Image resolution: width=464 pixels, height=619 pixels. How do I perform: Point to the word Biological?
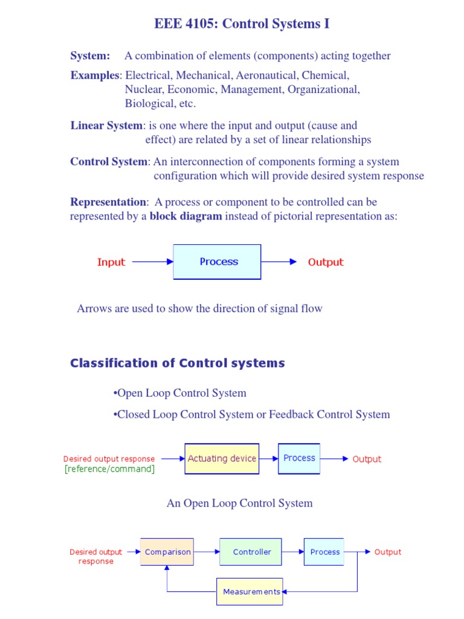[149, 103]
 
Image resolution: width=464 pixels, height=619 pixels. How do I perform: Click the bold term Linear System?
[106, 126]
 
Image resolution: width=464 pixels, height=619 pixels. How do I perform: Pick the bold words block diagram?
[186, 216]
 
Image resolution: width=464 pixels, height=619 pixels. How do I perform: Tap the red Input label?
[111, 262]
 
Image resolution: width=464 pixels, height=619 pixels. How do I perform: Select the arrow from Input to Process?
[153, 262]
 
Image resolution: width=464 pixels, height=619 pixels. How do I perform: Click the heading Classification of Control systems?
[178, 363]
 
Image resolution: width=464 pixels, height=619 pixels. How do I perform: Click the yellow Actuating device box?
[222, 459]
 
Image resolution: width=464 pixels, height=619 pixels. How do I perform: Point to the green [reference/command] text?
[109, 469]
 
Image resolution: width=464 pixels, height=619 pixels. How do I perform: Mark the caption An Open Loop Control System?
[239, 503]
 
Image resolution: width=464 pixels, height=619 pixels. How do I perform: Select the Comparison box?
[167, 552]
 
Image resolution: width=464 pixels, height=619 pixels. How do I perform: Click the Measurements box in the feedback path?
[250, 591]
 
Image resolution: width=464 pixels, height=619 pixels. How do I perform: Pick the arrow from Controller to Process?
[292, 552]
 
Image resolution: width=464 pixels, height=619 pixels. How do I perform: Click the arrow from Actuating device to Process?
[269, 459]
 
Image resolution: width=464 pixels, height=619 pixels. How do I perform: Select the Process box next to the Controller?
[325, 552]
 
